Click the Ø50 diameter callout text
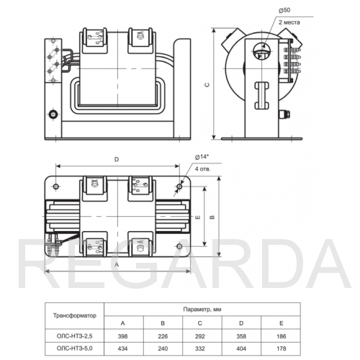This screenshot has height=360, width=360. (284, 10)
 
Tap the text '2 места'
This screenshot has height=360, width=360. (289, 22)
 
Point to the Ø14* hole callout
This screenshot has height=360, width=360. (202, 157)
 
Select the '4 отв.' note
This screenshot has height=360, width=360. (202, 169)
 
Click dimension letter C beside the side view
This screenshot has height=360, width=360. (207, 85)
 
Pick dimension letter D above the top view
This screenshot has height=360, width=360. (117, 159)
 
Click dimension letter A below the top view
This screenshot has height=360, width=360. (117, 265)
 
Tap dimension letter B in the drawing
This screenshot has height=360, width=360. (212, 217)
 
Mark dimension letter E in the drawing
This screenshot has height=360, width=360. (198, 217)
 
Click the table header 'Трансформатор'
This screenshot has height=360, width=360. (75, 315)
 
